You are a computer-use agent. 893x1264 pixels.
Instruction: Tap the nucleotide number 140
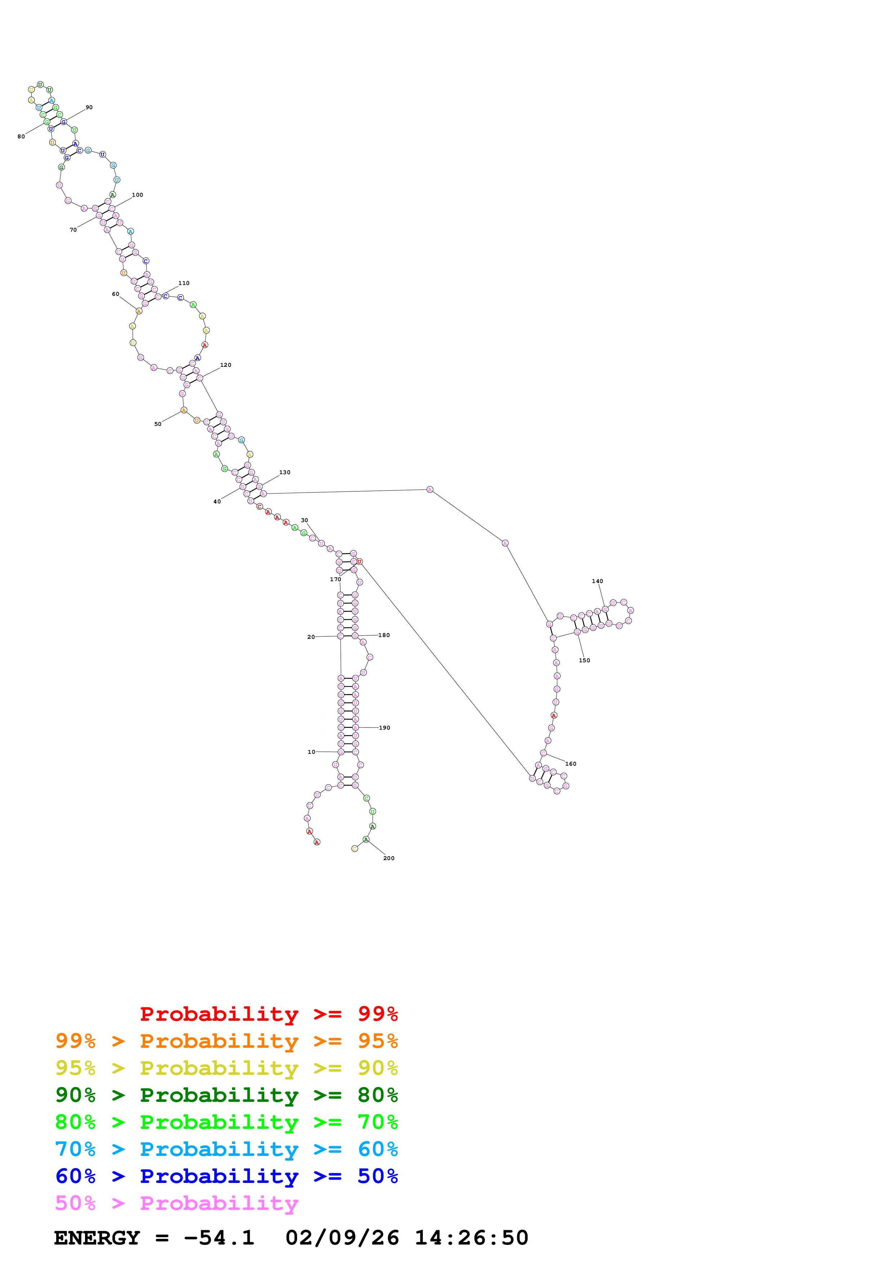[x=597, y=581]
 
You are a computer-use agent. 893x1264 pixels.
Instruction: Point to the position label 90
[x=89, y=107]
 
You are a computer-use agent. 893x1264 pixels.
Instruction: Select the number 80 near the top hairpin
[x=21, y=137]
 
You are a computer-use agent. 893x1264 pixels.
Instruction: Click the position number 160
[x=571, y=764]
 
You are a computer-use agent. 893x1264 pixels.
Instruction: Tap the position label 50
[x=158, y=424]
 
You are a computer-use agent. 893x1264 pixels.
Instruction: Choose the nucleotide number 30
[x=304, y=520]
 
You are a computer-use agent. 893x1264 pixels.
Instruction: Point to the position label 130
[x=285, y=472]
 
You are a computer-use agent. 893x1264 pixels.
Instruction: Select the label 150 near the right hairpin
[x=584, y=660]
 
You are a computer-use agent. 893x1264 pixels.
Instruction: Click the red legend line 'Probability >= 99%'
[x=268, y=1014]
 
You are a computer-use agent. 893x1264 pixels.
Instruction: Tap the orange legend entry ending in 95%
[x=226, y=1041]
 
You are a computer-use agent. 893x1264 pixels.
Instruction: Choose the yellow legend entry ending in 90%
[x=226, y=1068]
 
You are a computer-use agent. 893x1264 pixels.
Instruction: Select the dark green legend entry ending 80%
[x=226, y=1095]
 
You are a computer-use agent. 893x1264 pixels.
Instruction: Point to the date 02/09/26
[x=342, y=1238]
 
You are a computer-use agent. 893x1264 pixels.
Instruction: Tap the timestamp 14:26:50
[x=471, y=1238]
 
